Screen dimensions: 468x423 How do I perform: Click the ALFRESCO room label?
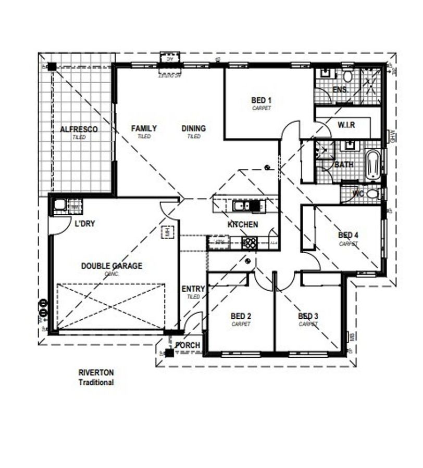(79, 129)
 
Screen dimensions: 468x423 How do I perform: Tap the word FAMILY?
(144, 128)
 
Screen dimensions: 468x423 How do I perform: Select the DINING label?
(194, 128)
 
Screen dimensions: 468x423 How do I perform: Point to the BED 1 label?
(262, 100)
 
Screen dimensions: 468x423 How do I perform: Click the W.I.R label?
(346, 125)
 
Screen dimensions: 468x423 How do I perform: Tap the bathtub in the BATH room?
(372, 165)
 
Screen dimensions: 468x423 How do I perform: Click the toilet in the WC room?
(372, 194)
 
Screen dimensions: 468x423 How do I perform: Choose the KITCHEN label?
(243, 225)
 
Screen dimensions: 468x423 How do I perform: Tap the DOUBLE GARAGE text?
(111, 266)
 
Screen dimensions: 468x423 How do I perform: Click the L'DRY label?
(84, 224)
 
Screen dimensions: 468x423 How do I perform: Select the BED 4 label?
(348, 235)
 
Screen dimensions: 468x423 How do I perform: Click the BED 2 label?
(241, 316)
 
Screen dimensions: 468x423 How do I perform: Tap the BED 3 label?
(308, 316)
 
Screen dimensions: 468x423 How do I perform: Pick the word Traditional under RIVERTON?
(96, 382)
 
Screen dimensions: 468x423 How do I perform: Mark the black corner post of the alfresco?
(52, 66)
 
